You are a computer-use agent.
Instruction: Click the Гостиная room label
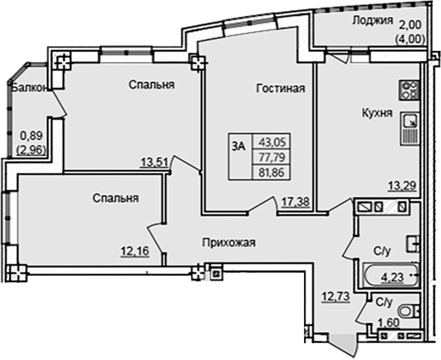coord(281,89)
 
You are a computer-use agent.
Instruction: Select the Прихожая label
coord(229,242)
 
